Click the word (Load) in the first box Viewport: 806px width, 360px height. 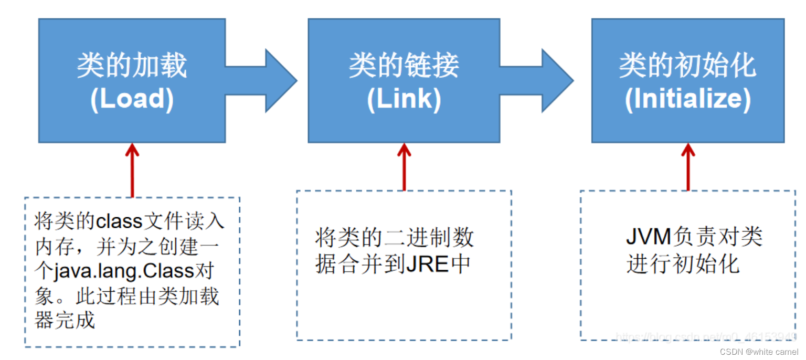pyautogui.click(x=132, y=99)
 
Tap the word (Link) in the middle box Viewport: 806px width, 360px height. pyautogui.click(x=404, y=99)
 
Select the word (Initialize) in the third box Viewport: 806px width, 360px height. pyautogui.click(x=687, y=99)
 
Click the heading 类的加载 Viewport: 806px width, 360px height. pyautogui.click(x=132, y=66)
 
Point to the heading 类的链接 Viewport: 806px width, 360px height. pyautogui.click(x=404, y=66)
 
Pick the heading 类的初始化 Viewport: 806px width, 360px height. pyautogui.click(x=687, y=66)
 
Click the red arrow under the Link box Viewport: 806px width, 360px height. pyautogui.click(x=404, y=166)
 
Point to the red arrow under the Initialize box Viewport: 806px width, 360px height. pyautogui.click(x=688, y=166)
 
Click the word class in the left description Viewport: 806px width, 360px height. pyautogui.click(x=119, y=221)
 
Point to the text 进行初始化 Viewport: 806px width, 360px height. pyautogui.click(x=683, y=263)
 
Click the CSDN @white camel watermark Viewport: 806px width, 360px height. pyautogui.click(x=759, y=352)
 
